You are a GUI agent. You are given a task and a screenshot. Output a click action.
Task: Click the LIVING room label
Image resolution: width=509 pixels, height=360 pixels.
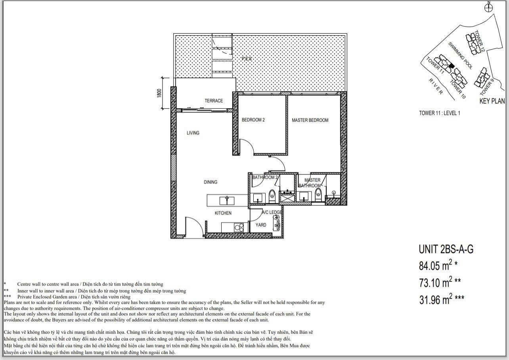[193, 133]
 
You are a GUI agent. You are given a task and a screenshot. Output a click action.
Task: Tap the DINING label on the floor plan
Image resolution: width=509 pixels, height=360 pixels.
[210, 182]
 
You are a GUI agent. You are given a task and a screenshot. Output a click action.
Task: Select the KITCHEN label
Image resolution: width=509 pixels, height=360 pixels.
[223, 213]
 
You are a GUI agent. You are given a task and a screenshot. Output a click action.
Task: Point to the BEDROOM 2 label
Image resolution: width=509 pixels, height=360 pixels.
[253, 120]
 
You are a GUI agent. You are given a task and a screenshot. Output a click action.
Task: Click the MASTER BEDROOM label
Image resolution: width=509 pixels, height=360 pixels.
[310, 120]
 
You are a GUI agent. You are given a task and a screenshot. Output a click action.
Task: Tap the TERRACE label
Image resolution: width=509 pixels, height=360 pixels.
[214, 101]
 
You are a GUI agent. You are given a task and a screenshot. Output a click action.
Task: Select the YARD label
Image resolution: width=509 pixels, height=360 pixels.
[261, 225]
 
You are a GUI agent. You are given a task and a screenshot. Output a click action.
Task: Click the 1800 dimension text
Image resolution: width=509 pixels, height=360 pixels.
[159, 93]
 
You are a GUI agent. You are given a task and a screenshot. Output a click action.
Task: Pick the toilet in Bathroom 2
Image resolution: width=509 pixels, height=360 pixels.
[272, 195]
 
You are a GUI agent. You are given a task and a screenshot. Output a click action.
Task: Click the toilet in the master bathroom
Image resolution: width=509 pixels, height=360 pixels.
[318, 194]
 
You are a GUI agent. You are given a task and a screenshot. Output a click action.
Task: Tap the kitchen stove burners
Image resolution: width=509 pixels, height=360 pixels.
[239, 227]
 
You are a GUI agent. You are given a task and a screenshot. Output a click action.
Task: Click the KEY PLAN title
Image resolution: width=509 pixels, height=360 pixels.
[492, 101]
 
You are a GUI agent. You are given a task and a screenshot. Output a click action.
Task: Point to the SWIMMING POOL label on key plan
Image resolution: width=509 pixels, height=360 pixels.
[460, 56]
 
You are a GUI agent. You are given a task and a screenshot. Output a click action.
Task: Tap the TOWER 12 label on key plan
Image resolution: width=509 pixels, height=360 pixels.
[479, 41]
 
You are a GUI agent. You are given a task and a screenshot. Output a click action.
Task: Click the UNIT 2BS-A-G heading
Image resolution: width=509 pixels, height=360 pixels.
[446, 249]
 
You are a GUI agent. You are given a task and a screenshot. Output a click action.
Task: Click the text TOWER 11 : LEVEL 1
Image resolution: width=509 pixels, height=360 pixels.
[439, 113]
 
